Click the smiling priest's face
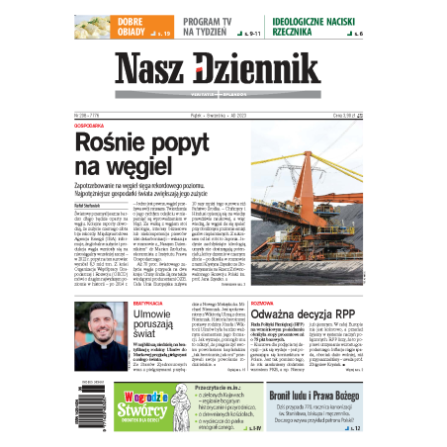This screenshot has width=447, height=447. click(x=97, y=320)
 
